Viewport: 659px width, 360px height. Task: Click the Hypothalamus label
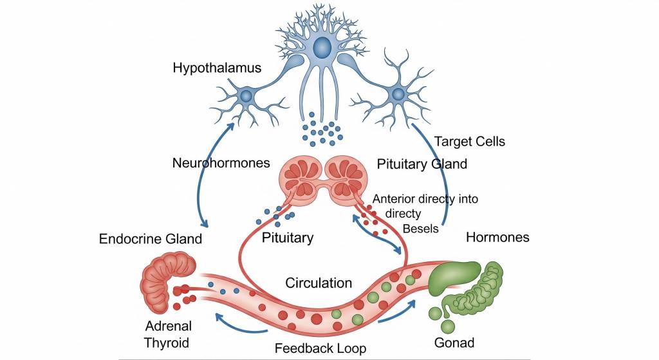point(217,68)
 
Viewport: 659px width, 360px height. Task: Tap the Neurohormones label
point(221,163)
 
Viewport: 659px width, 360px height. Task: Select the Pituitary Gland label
point(421,164)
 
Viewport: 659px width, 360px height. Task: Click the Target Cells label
point(469,141)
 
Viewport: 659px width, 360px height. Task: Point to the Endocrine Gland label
point(150,239)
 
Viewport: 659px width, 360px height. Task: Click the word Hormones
point(497,237)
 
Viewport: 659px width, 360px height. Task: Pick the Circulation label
point(319,282)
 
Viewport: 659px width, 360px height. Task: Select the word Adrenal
point(167,326)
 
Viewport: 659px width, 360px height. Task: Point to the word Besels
point(420,228)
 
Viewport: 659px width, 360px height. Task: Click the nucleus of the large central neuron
point(322,47)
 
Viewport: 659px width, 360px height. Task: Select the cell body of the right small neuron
point(398,95)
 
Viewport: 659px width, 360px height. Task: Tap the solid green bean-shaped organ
point(455,278)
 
